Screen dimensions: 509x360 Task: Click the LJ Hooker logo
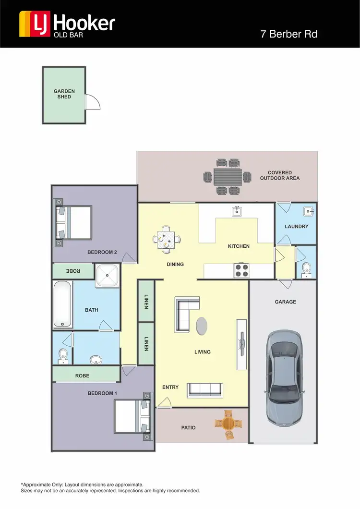click(67, 24)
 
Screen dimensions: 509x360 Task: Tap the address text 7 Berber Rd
click(288, 34)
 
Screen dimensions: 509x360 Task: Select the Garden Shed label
click(64, 94)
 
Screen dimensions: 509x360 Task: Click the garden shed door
click(91, 101)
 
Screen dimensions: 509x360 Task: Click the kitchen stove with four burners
click(241, 271)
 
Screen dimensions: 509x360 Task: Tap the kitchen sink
click(236, 211)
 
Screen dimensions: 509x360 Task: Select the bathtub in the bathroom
click(62, 304)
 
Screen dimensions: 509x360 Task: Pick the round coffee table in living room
click(203, 326)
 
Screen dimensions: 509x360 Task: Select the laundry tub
click(308, 211)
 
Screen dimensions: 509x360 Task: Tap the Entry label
click(170, 387)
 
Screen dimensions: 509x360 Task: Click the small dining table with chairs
click(166, 238)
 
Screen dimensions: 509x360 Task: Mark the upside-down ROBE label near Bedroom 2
click(73, 271)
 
